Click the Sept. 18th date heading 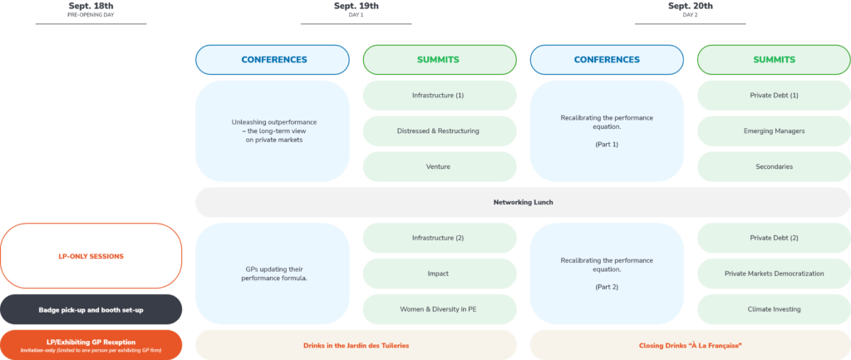coord(91,6)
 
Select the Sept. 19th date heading coord(356,6)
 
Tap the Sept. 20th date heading coord(691,6)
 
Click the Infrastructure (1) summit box coord(440,96)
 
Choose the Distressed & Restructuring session coord(440,131)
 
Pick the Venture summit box coord(440,166)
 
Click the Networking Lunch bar coord(524,203)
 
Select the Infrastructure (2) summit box coord(440,238)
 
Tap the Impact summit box coord(440,274)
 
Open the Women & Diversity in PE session coord(440,309)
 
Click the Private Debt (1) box coord(774,96)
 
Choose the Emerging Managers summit coord(774,131)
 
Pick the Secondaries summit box coord(774,166)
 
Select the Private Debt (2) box coord(774,238)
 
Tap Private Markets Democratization coord(774,274)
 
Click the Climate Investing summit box coord(774,309)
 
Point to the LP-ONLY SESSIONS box coord(91,256)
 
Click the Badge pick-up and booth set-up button coord(91,309)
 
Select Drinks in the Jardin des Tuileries coord(356,345)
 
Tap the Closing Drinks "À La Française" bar coord(691,345)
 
